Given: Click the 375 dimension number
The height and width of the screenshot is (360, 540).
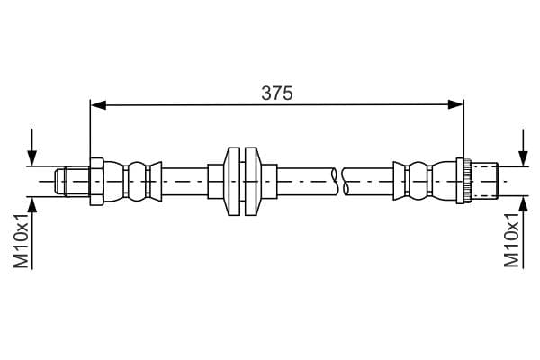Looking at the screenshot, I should click(276, 93).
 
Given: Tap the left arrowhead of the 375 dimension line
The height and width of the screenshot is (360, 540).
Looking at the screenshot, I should click(97, 105).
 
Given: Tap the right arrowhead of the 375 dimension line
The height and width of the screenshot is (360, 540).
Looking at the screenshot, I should click(456, 105).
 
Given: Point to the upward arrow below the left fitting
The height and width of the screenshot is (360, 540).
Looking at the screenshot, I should click(33, 207).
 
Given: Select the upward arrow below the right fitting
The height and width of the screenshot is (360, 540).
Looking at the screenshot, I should click(523, 207).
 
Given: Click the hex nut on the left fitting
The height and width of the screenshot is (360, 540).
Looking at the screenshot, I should click(96, 180).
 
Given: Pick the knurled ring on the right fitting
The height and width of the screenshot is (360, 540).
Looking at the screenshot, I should click(464, 180).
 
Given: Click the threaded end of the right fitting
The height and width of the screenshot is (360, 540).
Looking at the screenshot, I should click(486, 180).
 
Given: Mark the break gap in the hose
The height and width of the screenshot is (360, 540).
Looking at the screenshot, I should click(339, 180).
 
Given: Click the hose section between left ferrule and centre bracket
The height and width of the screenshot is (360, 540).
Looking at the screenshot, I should click(184, 180).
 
